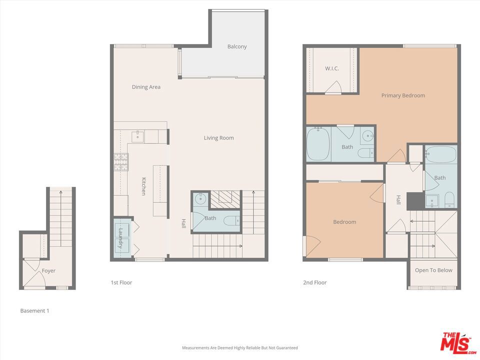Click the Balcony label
(x=237, y=46)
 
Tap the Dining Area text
(x=146, y=87)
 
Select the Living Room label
(x=219, y=138)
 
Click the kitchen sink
(x=138, y=136)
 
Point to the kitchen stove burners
(x=121, y=162)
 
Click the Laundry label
(x=120, y=238)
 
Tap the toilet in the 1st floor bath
(x=231, y=220)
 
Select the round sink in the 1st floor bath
(x=200, y=199)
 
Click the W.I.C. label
(x=332, y=68)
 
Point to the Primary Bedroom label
(x=403, y=95)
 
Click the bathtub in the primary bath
(x=318, y=143)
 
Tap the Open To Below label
(x=433, y=270)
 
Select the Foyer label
(x=48, y=270)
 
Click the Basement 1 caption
(x=34, y=310)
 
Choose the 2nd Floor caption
(x=314, y=282)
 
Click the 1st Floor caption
(x=121, y=282)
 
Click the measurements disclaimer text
(x=239, y=348)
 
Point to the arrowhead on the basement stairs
(x=60, y=192)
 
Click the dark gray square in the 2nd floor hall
(x=415, y=201)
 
